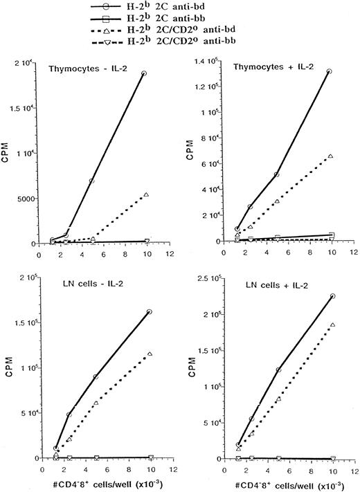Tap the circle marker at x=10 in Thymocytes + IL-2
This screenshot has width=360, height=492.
[x=329, y=71]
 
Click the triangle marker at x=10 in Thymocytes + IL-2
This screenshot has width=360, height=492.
[x=330, y=156]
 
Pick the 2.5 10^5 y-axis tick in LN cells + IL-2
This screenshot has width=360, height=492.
[x=212, y=278]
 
